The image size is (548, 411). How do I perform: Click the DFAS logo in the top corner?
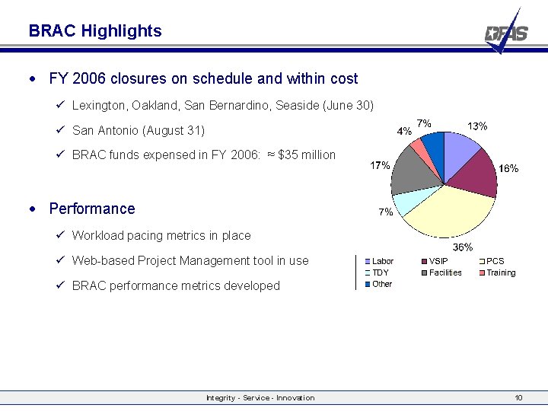(506, 33)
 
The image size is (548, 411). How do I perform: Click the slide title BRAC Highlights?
(95, 31)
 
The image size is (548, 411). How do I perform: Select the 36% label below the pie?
(463, 247)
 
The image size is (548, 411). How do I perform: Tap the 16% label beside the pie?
(508, 169)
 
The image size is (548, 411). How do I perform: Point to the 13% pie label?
(477, 126)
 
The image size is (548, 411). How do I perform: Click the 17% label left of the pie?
(380, 165)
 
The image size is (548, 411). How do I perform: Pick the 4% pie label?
(405, 130)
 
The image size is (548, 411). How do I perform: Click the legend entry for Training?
(500, 272)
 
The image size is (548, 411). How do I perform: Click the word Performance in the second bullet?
(91, 209)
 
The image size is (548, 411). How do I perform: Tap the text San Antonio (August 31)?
(138, 130)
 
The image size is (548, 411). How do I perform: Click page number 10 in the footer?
(518, 397)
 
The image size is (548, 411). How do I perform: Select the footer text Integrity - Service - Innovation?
(260, 397)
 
